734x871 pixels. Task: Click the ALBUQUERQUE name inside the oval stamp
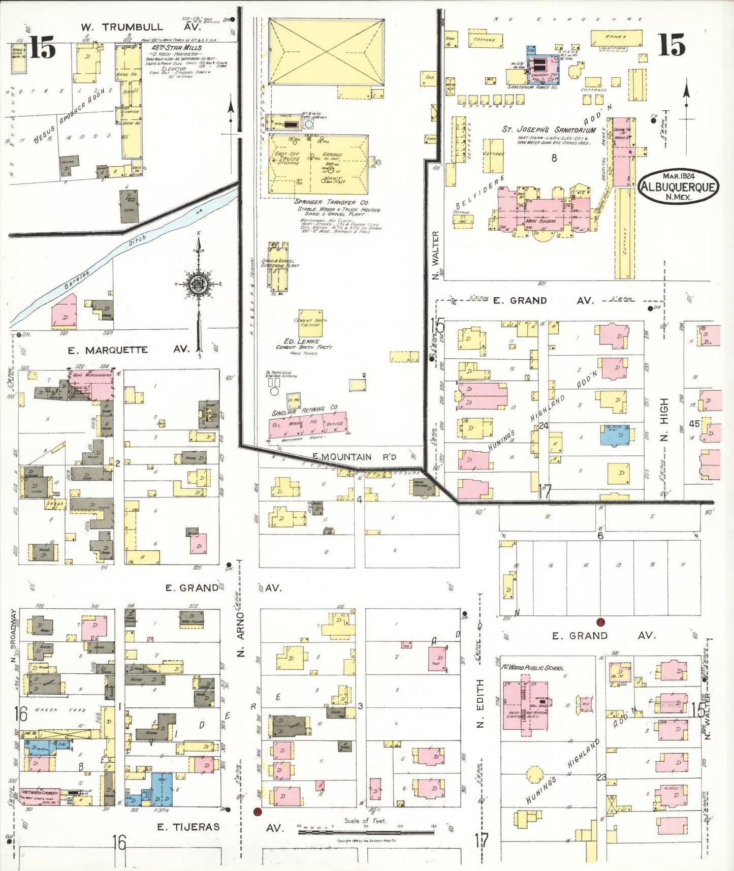point(678,186)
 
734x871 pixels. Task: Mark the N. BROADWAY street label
point(14,630)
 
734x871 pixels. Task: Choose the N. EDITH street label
point(480,703)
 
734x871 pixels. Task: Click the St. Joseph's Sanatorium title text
point(549,130)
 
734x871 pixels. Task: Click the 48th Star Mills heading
point(176,47)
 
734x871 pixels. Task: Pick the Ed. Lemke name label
point(302,341)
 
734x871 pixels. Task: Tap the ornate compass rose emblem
point(198,285)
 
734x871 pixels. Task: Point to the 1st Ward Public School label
point(532,668)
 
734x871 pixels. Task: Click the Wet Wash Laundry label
point(39,792)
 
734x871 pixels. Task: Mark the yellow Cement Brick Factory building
point(310,322)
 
